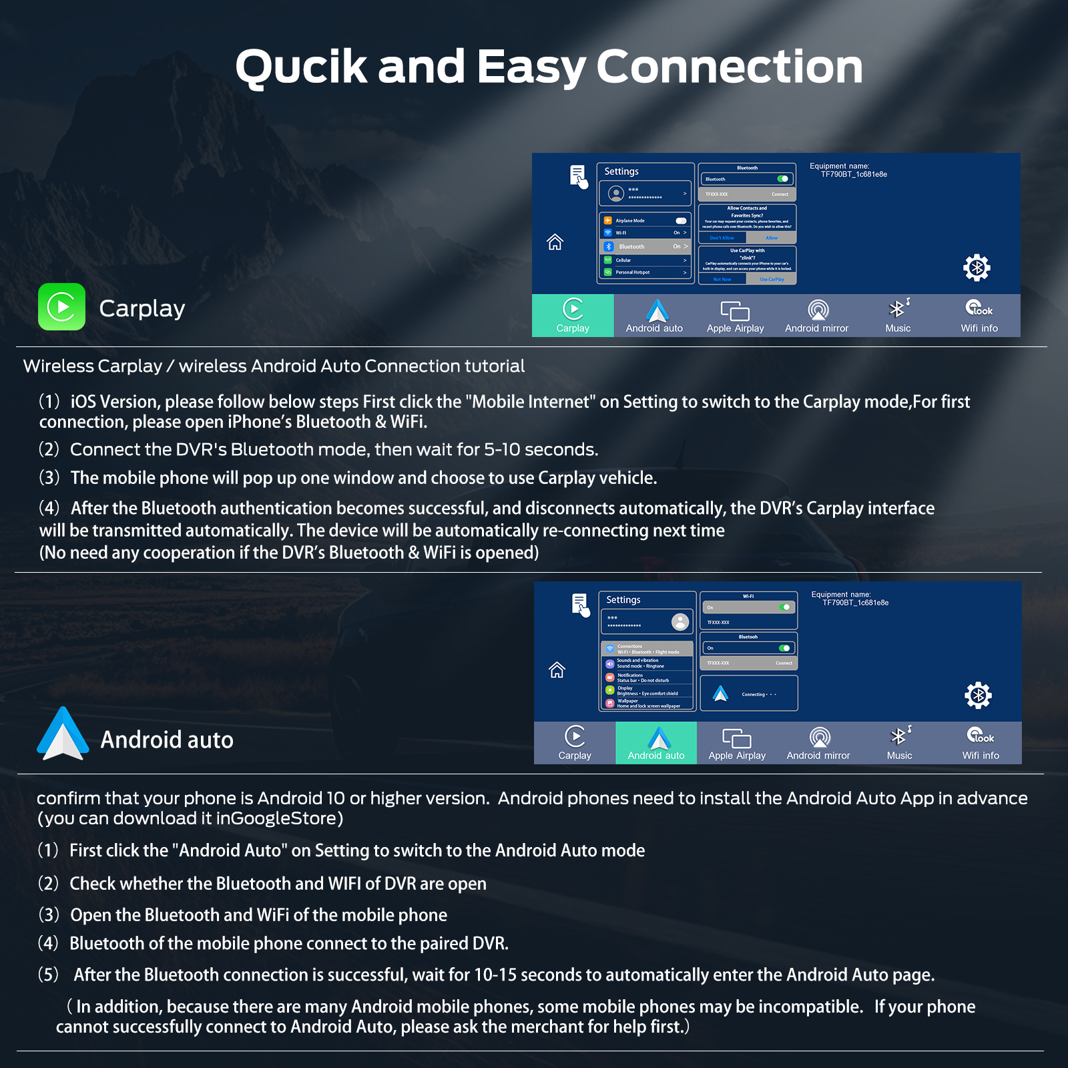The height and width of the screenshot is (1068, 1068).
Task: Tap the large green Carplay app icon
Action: click(61, 307)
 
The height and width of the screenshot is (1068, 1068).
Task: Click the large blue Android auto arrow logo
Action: click(63, 734)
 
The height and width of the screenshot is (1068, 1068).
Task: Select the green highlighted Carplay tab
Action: click(573, 316)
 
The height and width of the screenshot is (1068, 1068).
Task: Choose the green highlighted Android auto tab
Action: click(656, 743)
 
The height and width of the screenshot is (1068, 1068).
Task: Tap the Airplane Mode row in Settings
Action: click(645, 220)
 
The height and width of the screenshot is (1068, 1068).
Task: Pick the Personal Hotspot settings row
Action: click(645, 272)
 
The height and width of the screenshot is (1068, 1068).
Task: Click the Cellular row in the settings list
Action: click(645, 260)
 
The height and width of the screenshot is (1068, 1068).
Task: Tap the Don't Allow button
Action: click(722, 238)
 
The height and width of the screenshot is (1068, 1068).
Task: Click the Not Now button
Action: click(722, 280)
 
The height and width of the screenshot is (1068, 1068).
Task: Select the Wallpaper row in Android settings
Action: click(647, 704)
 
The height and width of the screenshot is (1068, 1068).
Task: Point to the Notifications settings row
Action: click(647, 678)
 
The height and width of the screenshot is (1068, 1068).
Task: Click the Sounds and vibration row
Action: click(647, 663)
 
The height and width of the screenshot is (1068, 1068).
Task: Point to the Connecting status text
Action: click(758, 694)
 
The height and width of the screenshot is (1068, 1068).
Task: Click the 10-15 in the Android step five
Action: click(495, 975)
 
